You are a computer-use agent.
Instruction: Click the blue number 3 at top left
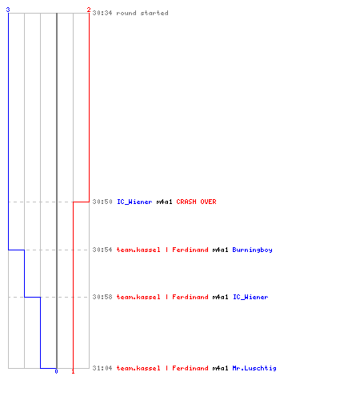click(x=8, y=10)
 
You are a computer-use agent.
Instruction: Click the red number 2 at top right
click(x=89, y=10)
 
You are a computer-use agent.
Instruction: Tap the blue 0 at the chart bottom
click(x=56, y=371)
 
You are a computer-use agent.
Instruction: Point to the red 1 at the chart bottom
click(x=73, y=371)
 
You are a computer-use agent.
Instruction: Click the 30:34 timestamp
click(x=102, y=13)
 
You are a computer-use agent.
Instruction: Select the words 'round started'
click(x=142, y=13)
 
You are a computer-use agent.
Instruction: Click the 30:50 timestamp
click(x=102, y=202)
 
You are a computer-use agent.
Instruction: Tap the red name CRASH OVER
click(x=196, y=202)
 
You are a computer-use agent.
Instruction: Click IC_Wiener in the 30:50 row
click(x=134, y=202)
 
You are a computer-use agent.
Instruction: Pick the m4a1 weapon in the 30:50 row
click(x=164, y=202)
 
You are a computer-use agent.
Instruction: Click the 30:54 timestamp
click(x=102, y=250)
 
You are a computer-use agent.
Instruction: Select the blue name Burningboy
click(x=252, y=250)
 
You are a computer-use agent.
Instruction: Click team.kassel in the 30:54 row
click(x=138, y=250)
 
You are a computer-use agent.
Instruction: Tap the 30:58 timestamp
click(x=102, y=297)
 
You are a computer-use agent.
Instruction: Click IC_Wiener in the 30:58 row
click(x=250, y=297)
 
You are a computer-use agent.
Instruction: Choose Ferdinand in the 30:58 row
click(x=190, y=297)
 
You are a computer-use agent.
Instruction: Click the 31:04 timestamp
click(x=102, y=368)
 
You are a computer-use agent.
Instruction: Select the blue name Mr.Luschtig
click(x=254, y=368)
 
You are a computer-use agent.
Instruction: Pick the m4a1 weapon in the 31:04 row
click(x=220, y=368)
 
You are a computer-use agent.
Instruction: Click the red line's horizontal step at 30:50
click(x=81, y=202)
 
